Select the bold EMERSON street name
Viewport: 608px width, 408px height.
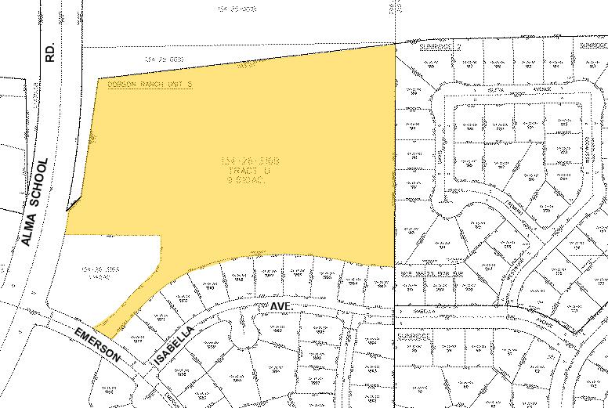click(99, 345)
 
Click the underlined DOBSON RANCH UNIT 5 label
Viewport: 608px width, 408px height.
click(149, 83)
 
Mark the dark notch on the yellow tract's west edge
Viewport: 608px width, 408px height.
click(71, 206)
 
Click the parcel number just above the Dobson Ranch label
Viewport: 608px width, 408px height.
click(165, 59)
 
